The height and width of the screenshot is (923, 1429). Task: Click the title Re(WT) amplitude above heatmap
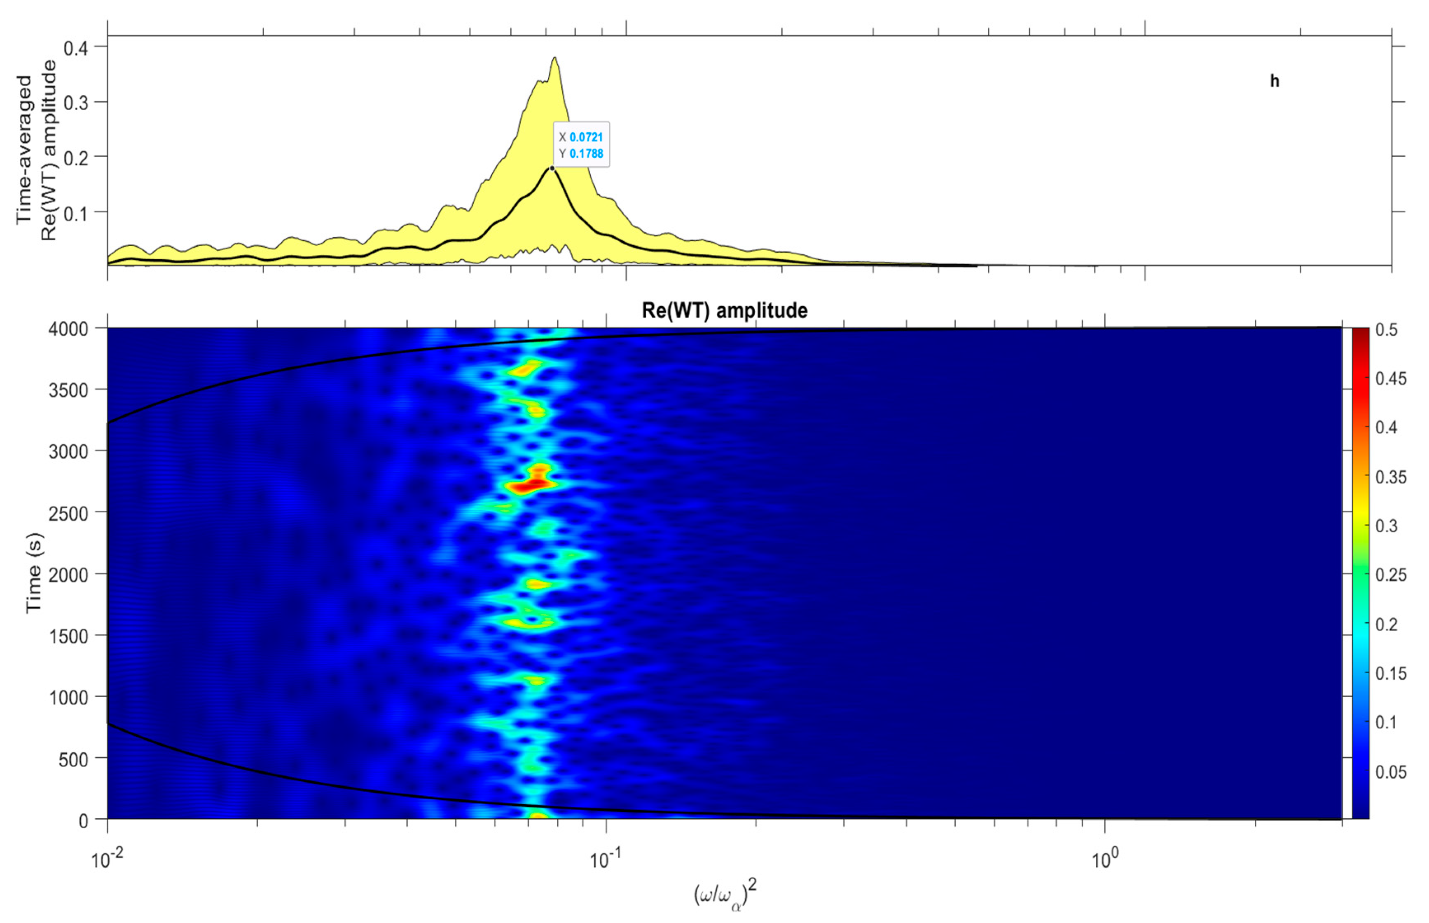724,310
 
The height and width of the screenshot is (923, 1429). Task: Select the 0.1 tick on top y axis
76,213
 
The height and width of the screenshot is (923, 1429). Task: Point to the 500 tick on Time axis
74,759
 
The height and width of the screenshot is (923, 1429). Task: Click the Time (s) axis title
34,572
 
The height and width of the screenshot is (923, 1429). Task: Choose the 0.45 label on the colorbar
1391,379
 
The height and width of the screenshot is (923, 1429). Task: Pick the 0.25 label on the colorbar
1391,575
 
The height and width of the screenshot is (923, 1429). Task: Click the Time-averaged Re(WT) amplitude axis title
36,150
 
